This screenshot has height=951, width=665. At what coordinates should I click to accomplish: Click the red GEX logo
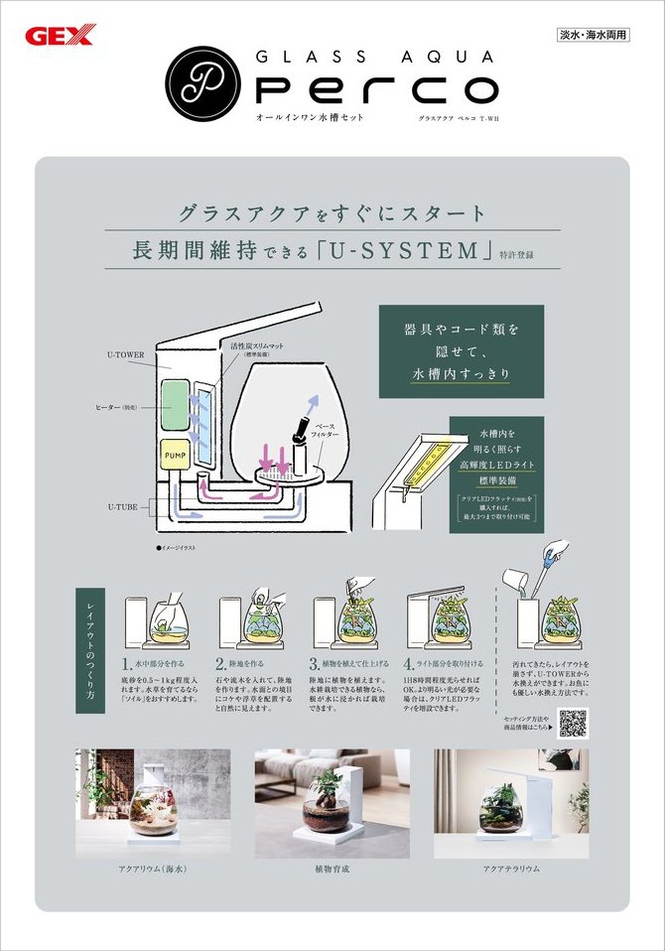pyautogui.click(x=59, y=37)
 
